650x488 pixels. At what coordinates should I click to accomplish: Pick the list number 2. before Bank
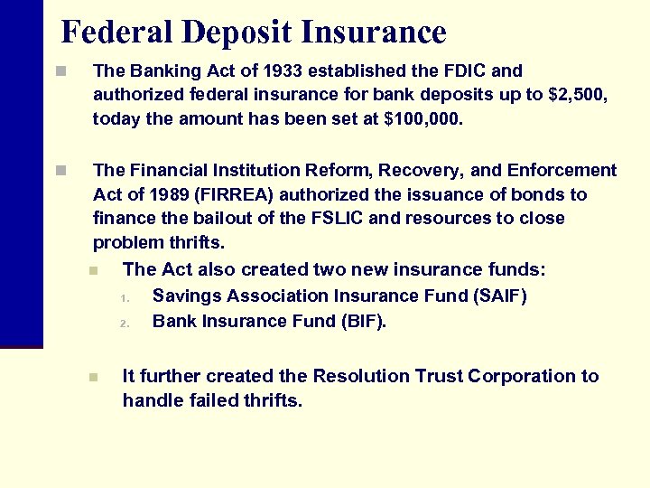pyautogui.click(x=126, y=323)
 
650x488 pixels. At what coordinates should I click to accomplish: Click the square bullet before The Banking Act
pyautogui.click(x=60, y=70)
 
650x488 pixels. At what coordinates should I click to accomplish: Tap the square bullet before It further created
pyautogui.click(x=94, y=377)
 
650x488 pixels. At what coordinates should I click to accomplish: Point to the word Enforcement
pyautogui.click(x=562, y=171)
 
